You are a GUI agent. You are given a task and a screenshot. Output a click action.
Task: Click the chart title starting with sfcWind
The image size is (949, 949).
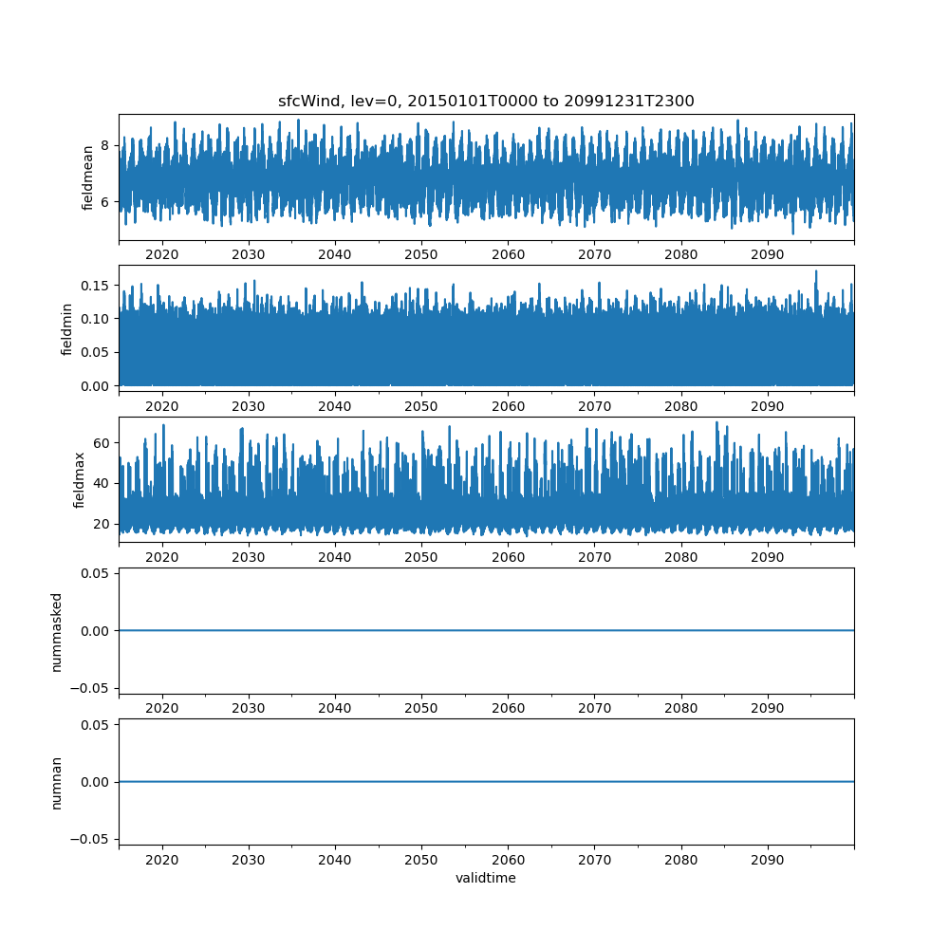click(486, 102)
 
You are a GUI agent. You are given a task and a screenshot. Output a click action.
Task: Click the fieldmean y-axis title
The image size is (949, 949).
click(87, 178)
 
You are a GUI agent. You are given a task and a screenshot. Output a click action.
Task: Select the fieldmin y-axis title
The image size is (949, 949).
click(66, 329)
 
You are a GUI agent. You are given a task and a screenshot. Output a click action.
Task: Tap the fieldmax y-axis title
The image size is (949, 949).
click(79, 480)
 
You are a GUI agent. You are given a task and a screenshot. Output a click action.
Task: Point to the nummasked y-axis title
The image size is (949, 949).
click(56, 632)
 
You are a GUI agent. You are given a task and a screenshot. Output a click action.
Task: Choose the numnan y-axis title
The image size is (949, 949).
click(56, 783)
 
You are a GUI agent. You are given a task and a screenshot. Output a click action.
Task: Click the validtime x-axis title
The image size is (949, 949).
click(486, 878)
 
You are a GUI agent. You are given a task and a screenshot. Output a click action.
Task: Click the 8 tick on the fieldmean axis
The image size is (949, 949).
click(104, 145)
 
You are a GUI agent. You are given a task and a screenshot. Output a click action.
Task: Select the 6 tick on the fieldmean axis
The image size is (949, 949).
click(104, 202)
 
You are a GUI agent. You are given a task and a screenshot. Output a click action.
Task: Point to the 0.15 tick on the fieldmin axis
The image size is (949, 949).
click(95, 286)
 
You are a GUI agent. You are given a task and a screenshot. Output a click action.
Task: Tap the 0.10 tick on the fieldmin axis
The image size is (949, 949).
click(95, 319)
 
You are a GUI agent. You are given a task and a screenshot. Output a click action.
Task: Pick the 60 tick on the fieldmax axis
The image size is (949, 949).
click(102, 443)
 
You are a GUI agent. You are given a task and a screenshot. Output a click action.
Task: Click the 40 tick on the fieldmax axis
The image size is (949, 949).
click(102, 483)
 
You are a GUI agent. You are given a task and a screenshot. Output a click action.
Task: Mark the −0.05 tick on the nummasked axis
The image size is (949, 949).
click(90, 688)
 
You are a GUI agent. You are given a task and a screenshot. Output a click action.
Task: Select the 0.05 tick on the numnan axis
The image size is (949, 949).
click(95, 725)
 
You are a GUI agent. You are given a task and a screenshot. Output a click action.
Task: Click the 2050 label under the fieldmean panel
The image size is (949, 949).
click(421, 254)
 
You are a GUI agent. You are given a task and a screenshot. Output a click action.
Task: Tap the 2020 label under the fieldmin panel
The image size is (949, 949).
click(162, 406)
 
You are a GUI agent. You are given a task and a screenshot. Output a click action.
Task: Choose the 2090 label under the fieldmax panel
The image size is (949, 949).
click(768, 557)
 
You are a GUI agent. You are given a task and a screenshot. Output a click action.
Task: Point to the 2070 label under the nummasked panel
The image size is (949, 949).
click(594, 708)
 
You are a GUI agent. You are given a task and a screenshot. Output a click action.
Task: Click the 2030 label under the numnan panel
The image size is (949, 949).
click(249, 860)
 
